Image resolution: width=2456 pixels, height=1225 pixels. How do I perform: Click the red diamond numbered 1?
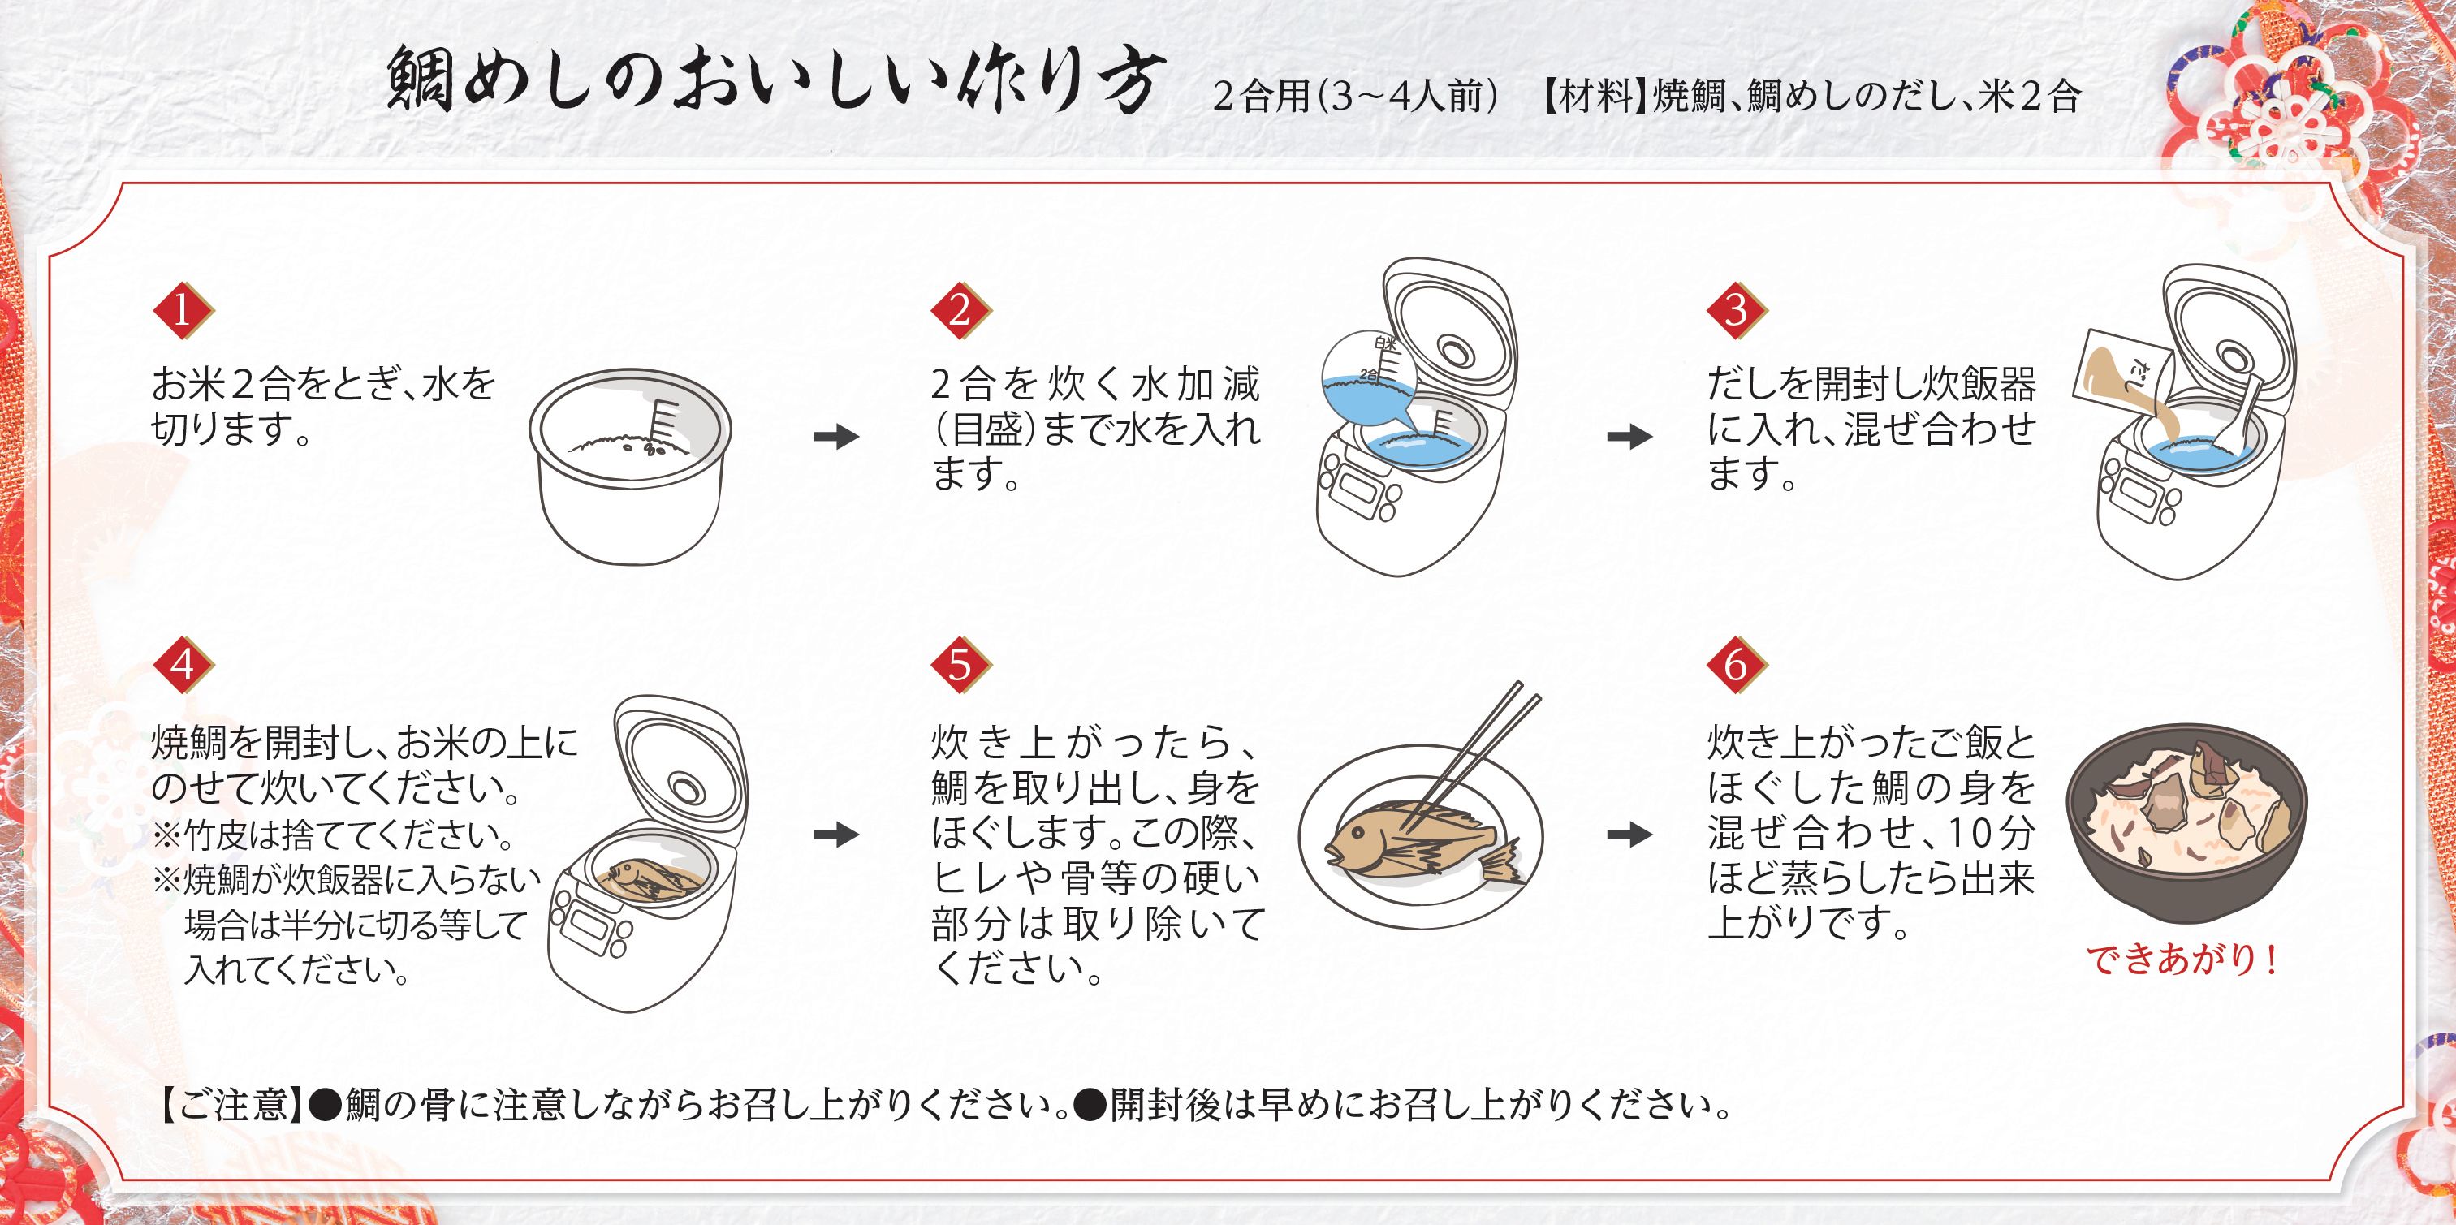(183, 311)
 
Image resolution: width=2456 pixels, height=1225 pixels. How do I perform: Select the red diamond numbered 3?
(1736, 311)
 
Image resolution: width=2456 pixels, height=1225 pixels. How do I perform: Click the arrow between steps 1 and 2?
(836, 438)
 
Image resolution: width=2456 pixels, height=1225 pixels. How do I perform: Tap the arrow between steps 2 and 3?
(1629, 438)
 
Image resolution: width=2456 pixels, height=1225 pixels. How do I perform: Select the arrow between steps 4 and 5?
(836, 835)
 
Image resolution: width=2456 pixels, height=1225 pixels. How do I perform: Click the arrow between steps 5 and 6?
(1629, 835)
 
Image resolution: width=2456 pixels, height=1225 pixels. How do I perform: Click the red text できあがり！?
(2183, 961)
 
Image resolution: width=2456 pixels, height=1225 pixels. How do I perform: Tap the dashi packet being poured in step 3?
(2117, 377)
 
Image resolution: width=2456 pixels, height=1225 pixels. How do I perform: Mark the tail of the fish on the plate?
(1500, 863)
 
